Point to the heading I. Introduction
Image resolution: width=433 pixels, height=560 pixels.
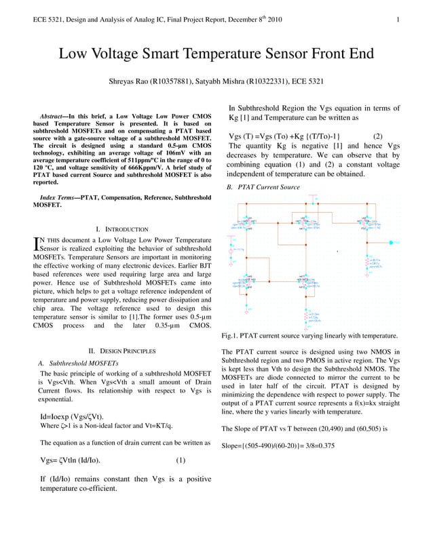coord(122,230)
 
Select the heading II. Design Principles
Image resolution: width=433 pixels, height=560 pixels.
coord(122,351)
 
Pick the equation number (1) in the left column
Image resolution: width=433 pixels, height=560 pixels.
coord(181,460)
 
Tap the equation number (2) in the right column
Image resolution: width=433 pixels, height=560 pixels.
coord(378,136)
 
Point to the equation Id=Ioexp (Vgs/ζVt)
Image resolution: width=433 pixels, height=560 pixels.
coord(76,416)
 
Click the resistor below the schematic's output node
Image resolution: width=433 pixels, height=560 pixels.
coord(367,261)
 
